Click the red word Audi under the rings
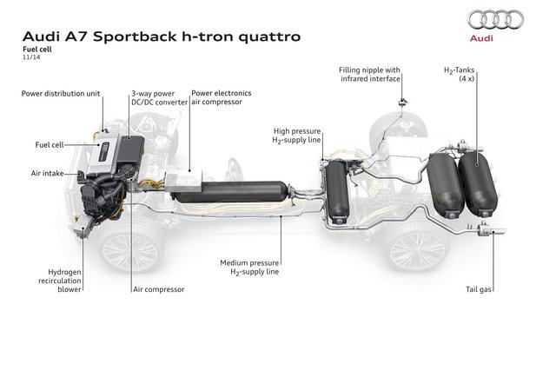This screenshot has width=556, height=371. (495, 39)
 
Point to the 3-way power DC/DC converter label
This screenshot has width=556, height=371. (156, 96)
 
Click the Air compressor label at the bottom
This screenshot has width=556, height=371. (158, 288)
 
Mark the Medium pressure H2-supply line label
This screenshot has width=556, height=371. (261, 264)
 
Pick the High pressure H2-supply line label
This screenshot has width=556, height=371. (295, 135)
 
